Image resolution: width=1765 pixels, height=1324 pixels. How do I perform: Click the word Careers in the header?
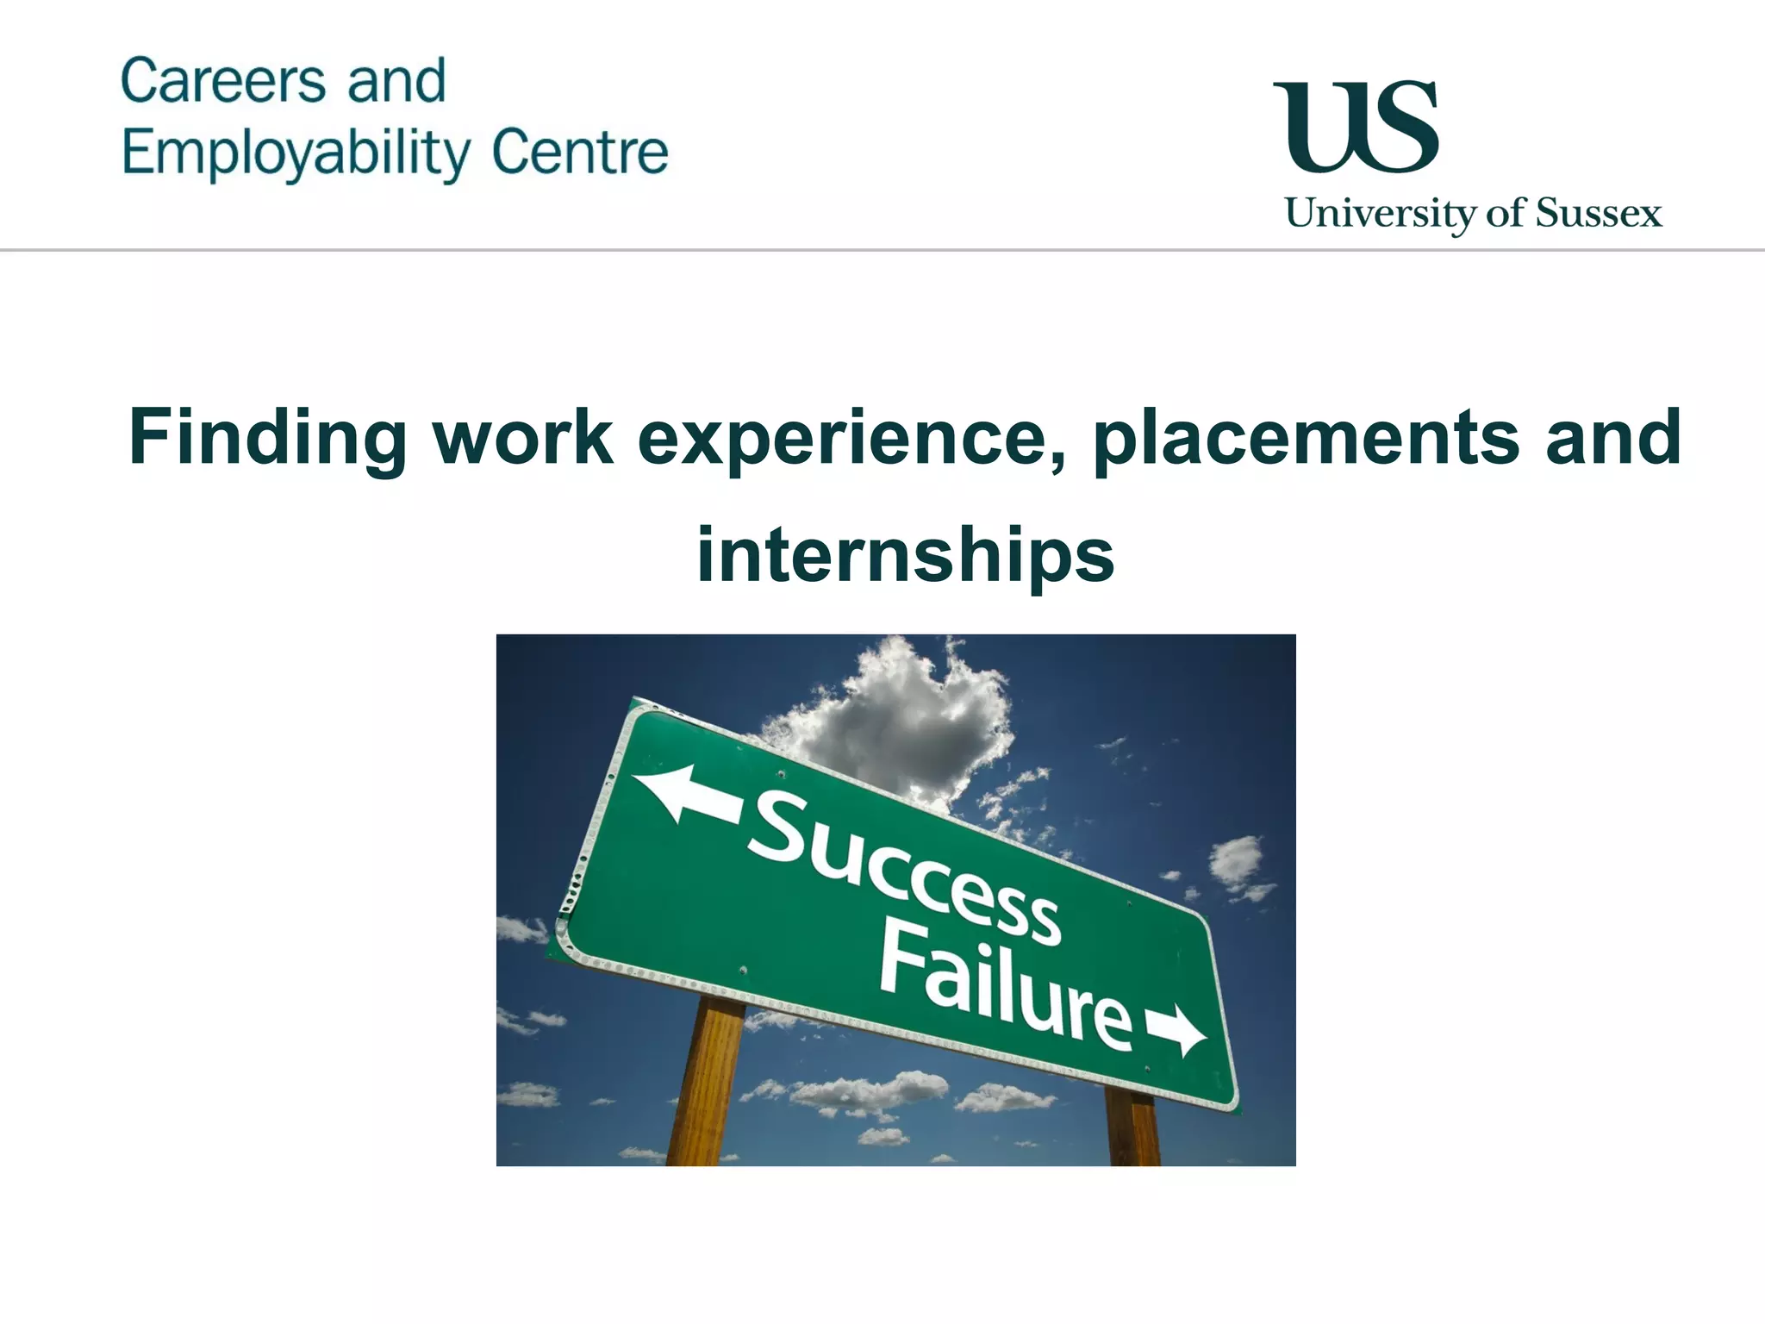(x=223, y=82)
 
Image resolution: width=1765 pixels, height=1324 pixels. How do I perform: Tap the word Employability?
(x=296, y=154)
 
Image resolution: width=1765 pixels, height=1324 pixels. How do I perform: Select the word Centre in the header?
(x=580, y=153)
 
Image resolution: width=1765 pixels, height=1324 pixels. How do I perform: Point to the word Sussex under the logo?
(x=1599, y=213)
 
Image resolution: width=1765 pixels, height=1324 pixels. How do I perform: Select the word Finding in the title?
(x=267, y=438)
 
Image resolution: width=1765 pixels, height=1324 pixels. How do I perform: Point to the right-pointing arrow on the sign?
(x=1177, y=1029)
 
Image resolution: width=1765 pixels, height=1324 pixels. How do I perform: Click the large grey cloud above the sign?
(x=896, y=724)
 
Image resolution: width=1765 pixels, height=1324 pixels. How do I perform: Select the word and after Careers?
(x=396, y=82)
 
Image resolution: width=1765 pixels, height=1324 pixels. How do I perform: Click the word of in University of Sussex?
(x=1505, y=213)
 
